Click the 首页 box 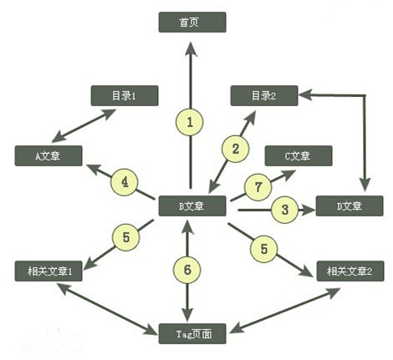click(x=192, y=23)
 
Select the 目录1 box click(x=125, y=96)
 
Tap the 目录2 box click(x=264, y=96)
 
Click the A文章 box click(x=48, y=156)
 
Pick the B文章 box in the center click(x=192, y=206)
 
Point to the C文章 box click(x=299, y=156)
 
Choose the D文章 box click(x=350, y=206)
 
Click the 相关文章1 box click(x=48, y=271)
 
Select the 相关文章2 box click(x=350, y=271)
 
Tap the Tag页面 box click(x=192, y=333)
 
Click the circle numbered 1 click(x=190, y=122)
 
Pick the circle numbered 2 click(x=235, y=149)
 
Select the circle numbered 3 click(x=284, y=210)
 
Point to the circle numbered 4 click(x=125, y=182)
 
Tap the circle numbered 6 click(x=187, y=270)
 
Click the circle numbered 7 click(x=258, y=187)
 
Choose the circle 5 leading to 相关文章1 click(x=125, y=237)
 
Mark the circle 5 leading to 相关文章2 click(x=263, y=249)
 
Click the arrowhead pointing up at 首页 click(x=191, y=49)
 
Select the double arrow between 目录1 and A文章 click(x=84, y=125)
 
